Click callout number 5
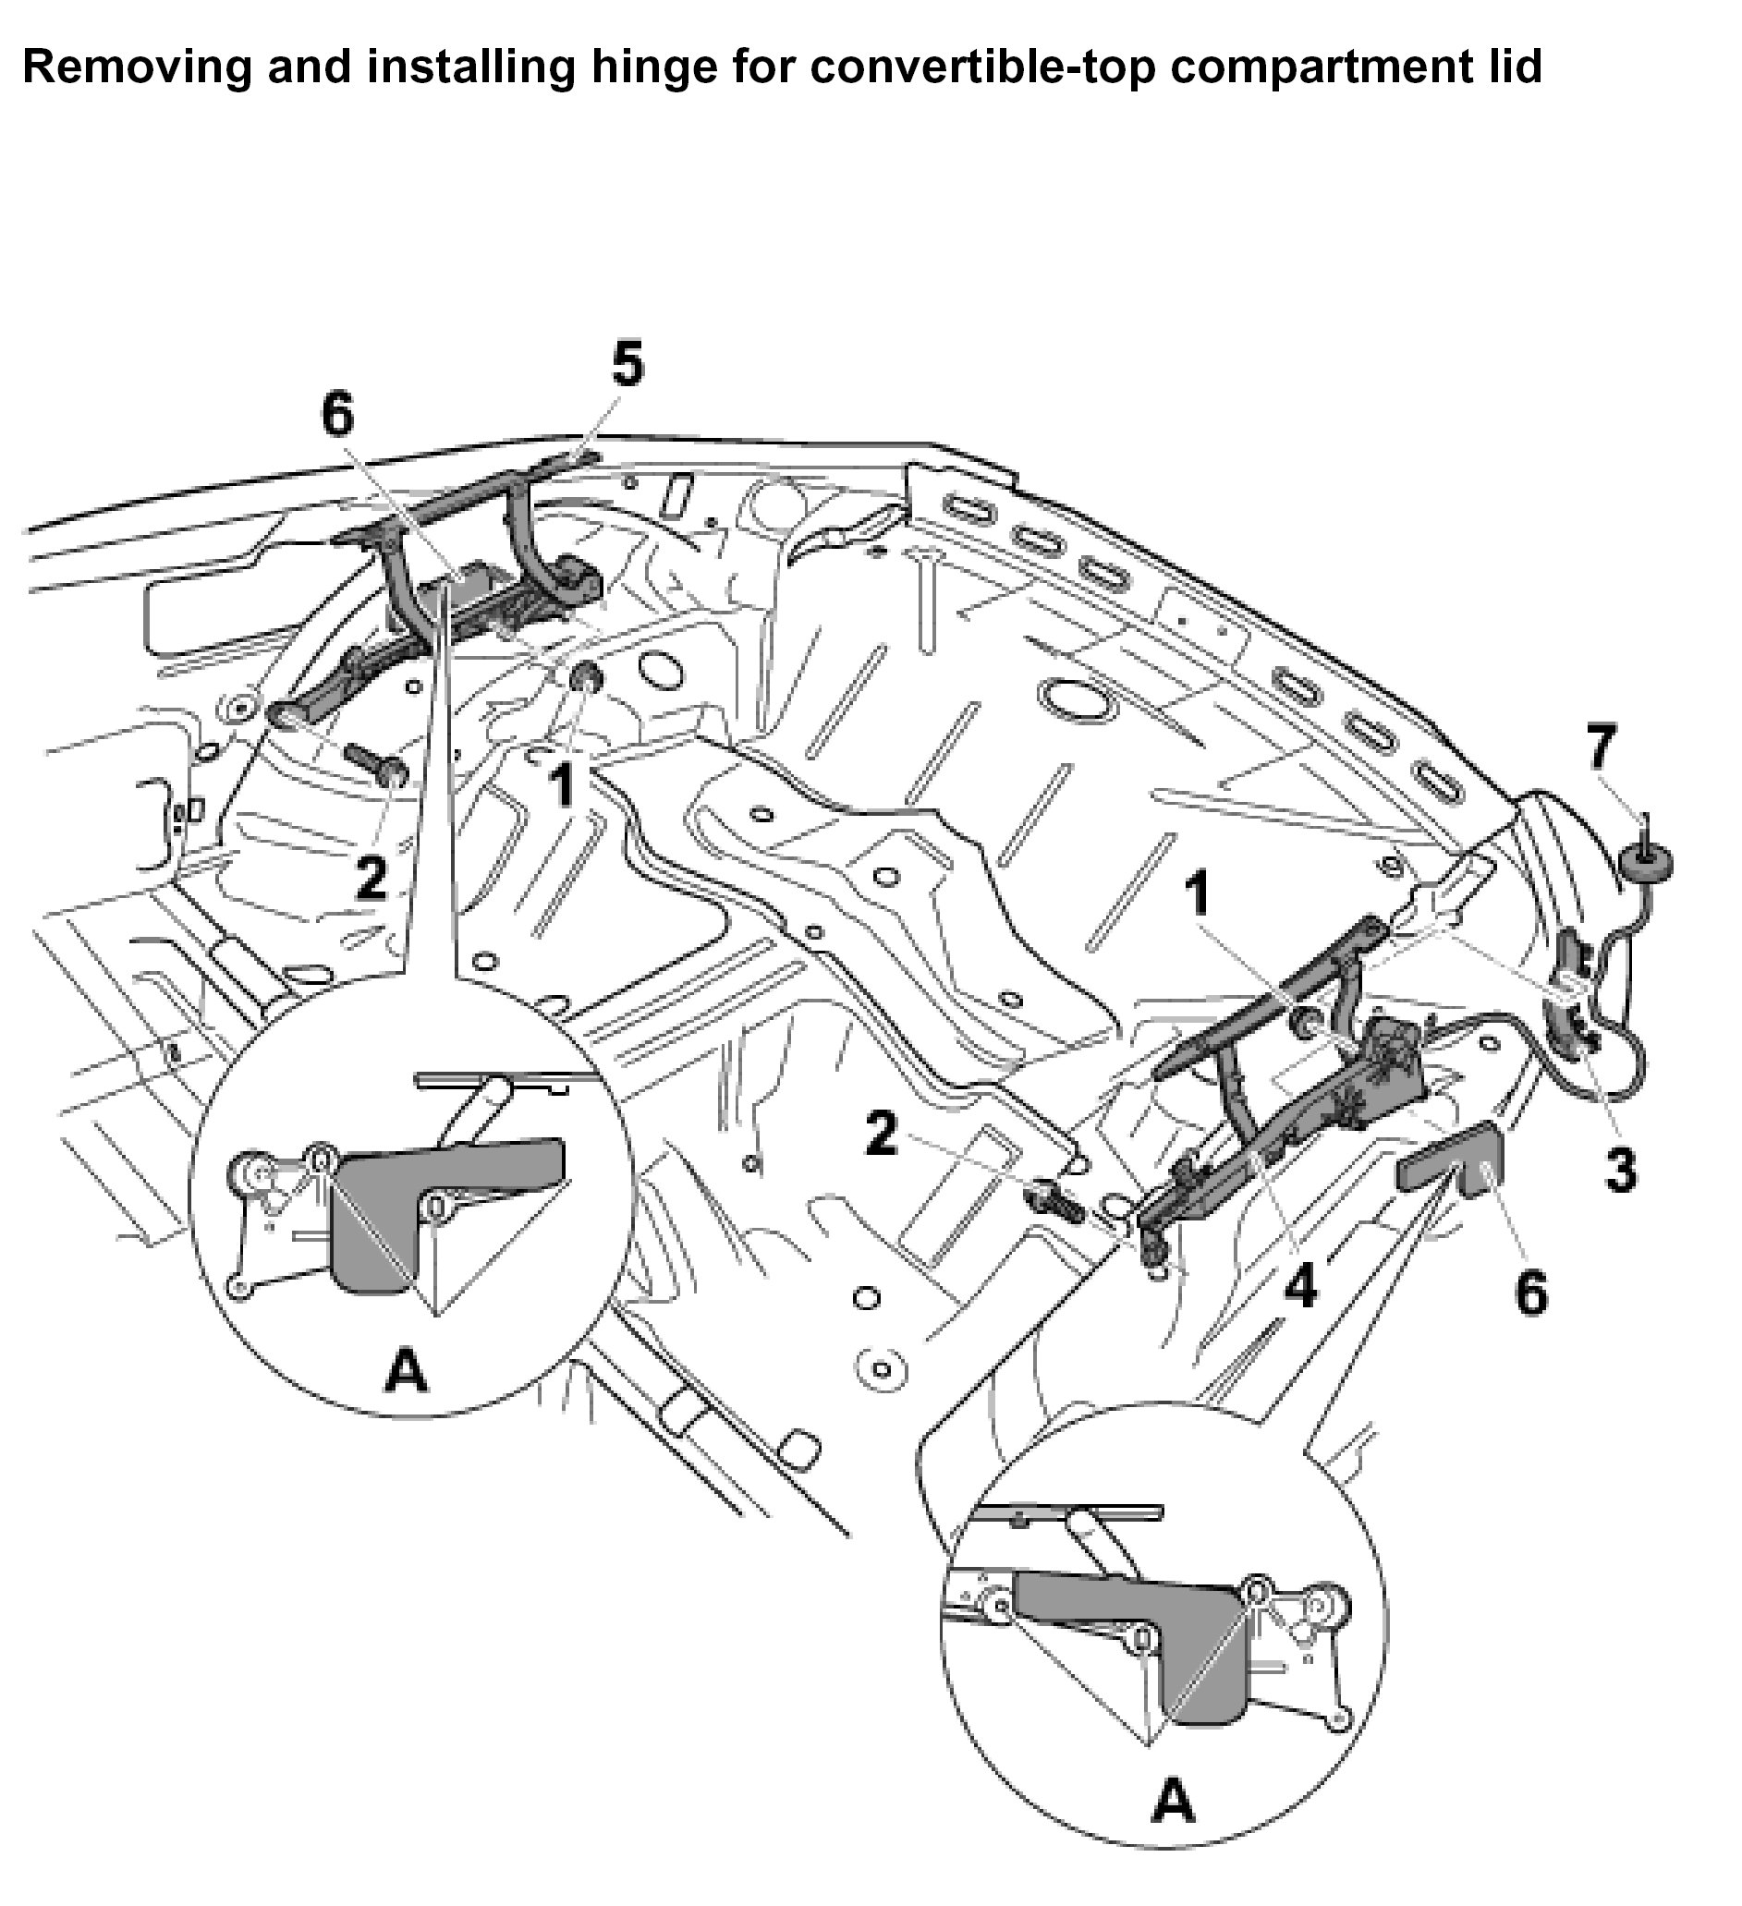(x=627, y=365)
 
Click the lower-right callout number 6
(x=1531, y=1293)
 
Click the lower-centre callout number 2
(x=882, y=1132)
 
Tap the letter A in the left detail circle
(x=407, y=1370)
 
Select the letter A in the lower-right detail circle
(x=1174, y=1803)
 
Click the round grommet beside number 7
(x=1645, y=862)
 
